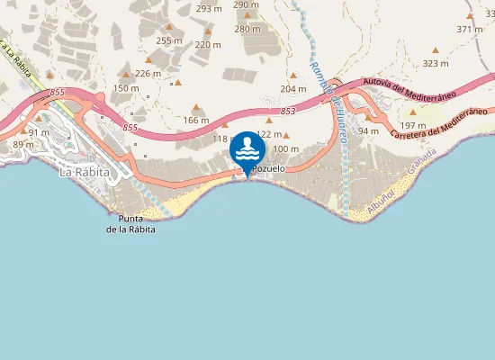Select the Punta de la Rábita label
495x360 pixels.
(x=130, y=223)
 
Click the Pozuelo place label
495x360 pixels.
(x=270, y=168)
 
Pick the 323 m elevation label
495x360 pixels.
(x=435, y=64)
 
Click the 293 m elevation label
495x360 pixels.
(x=208, y=9)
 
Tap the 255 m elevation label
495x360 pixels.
(x=168, y=40)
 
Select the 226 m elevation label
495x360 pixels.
(x=147, y=73)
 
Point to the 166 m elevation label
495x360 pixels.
(x=195, y=121)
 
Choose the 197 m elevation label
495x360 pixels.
(x=413, y=125)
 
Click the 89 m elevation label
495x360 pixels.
(x=23, y=144)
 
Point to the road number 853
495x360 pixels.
(x=287, y=111)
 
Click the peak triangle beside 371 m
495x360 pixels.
(x=469, y=15)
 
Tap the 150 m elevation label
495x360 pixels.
(x=125, y=88)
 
